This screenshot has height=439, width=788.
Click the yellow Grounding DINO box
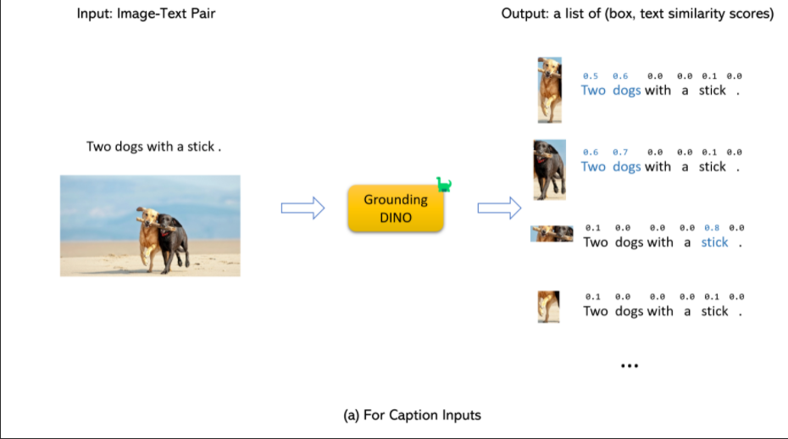pyautogui.click(x=396, y=208)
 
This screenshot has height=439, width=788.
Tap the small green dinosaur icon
pyautogui.click(x=444, y=184)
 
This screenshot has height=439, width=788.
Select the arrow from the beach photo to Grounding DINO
pyautogui.click(x=302, y=208)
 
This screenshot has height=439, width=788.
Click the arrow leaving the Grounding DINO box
pyautogui.click(x=498, y=208)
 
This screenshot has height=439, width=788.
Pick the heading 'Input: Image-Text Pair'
pyautogui.click(x=146, y=14)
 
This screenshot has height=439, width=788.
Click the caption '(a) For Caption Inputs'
pyautogui.click(x=412, y=414)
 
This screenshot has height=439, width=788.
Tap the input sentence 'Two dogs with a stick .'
pyautogui.click(x=153, y=147)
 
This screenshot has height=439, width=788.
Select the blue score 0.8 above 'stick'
pyautogui.click(x=713, y=227)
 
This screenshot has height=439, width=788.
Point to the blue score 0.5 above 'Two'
pyautogui.click(x=590, y=76)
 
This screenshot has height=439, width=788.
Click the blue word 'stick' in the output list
pyautogui.click(x=714, y=242)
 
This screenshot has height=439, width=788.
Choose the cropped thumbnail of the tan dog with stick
pyautogui.click(x=549, y=90)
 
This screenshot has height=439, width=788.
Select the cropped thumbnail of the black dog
pyautogui.click(x=549, y=169)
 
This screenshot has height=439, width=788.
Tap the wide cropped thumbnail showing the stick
pyautogui.click(x=552, y=234)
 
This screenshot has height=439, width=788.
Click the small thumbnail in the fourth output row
pyautogui.click(x=548, y=306)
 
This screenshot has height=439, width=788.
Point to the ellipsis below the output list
pyautogui.click(x=628, y=366)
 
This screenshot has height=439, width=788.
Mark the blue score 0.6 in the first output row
pyautogui.click(x=621, y=76)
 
